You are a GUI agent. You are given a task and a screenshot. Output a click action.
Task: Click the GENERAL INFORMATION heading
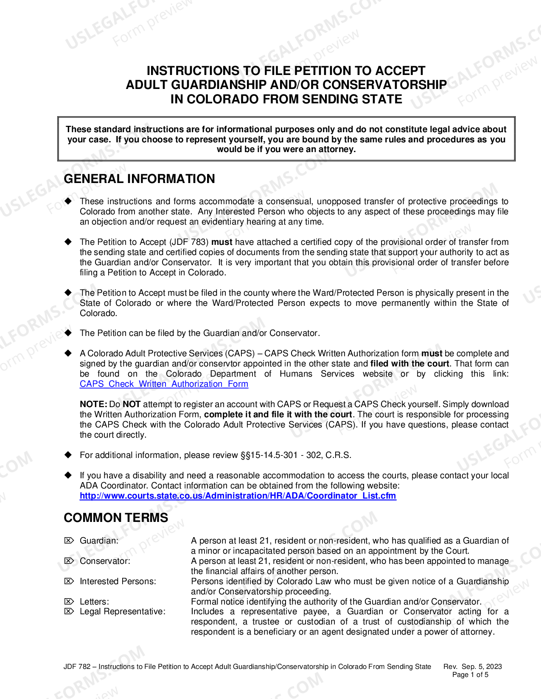point(139,179)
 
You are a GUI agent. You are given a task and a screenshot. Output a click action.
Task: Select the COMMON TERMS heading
point(116,518)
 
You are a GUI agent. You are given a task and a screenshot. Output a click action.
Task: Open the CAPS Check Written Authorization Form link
point(164,384)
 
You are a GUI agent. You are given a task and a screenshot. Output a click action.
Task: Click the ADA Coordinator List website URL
point(238,496)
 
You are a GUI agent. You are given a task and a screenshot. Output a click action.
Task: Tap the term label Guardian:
point(99,541)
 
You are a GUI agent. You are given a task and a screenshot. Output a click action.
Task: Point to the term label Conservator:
point(105,561)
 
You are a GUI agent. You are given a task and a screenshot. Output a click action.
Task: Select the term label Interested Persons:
point(118,581)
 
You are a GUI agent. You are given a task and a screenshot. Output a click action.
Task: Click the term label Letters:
point(94,602)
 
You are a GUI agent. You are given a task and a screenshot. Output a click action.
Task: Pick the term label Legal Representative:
point(122,612)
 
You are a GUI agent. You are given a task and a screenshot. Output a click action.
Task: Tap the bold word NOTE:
point(93,404)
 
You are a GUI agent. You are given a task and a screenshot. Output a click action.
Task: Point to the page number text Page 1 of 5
point(470,675)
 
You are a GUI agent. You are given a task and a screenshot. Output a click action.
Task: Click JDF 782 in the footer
point(77,666)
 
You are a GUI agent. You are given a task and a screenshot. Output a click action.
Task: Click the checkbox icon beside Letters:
point(69,602)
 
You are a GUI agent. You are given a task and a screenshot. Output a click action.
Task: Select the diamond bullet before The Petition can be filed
point(68,333)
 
